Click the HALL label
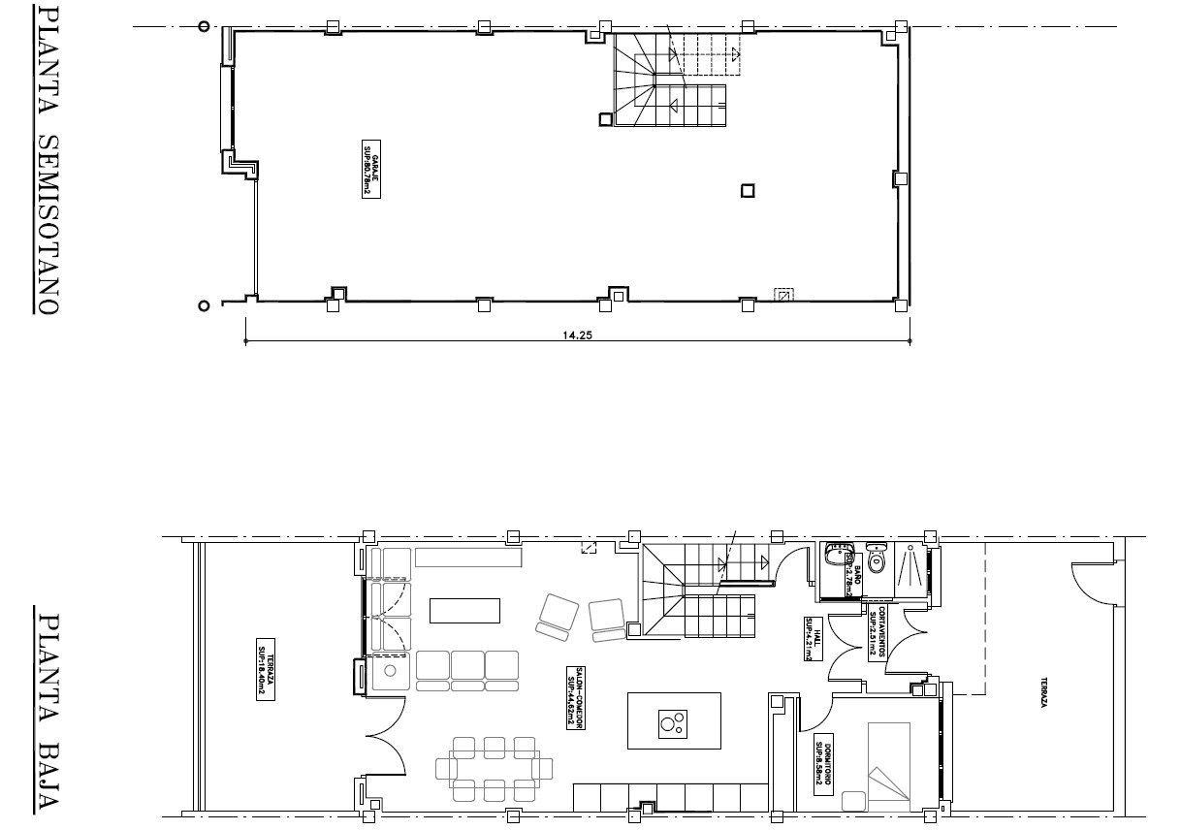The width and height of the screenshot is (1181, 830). [807, 640]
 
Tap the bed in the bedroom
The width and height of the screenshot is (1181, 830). [889, 766]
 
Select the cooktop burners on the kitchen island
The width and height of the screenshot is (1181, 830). [671, 721]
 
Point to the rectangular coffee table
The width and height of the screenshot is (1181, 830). [464, 610]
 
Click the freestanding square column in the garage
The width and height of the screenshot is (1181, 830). [747, 191]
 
